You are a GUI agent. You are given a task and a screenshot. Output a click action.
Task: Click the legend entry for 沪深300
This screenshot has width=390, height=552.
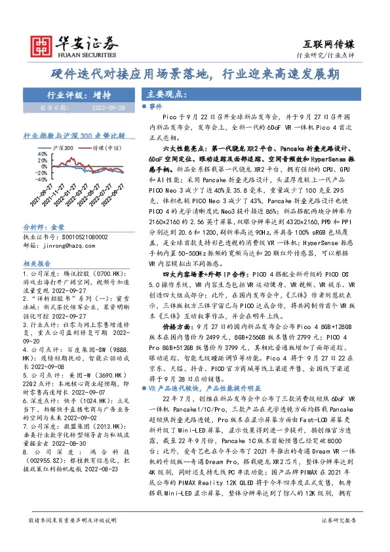coord(64,148)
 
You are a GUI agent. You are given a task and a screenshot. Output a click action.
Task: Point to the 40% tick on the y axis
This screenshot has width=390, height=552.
coord(41,155)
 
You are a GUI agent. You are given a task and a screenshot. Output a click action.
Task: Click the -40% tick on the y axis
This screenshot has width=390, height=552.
coord(40,178)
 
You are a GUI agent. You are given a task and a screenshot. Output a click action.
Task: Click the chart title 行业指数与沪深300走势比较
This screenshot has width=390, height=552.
coord(73,136)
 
